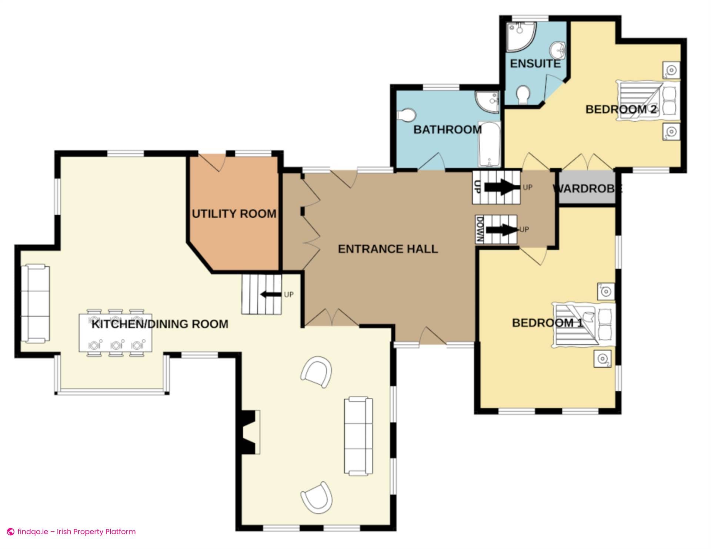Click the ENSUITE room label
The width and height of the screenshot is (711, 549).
[535, 64]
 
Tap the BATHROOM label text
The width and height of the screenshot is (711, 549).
[447, 130]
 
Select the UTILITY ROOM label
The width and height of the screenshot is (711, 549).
[234, 214]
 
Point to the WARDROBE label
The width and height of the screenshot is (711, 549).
[587, 189]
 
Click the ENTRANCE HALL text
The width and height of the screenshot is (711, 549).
[388, 249]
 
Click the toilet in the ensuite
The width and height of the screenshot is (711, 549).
[523, 95]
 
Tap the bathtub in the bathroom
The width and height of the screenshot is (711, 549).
[489, 144]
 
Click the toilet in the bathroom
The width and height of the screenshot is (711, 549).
[406, 115]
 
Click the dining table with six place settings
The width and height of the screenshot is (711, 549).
[116, 333]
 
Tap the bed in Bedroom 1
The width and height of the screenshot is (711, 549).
[583, 325]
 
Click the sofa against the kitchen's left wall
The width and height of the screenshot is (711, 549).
[35, 303]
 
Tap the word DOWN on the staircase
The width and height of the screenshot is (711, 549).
[480, 229]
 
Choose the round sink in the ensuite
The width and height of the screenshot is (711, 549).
[558, 50]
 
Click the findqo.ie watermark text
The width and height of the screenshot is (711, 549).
[76, 532]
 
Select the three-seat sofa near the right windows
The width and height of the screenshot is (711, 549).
[358, 435]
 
